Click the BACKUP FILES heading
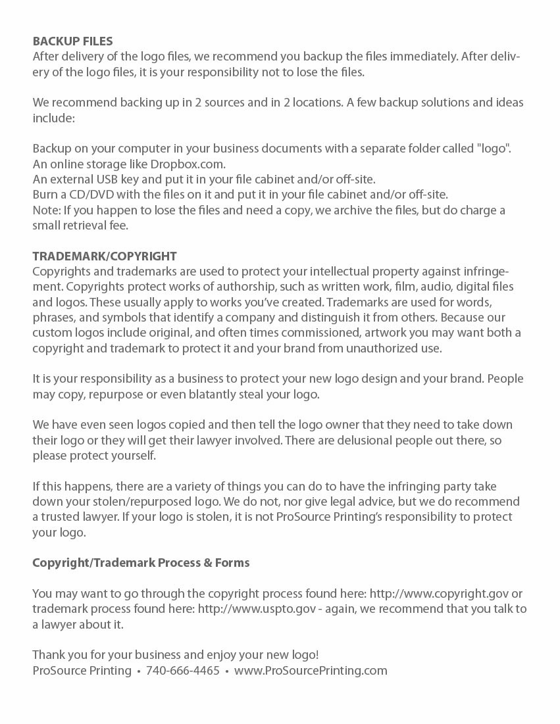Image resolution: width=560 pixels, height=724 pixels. pos(72,41)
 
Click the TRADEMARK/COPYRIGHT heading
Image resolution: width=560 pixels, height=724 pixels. pos(105,256)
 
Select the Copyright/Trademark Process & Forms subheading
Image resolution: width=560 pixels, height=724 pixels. pos(141,563)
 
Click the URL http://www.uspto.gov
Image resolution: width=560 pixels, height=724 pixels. pos(245,610)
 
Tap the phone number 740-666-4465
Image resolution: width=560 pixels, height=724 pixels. pos(183,671)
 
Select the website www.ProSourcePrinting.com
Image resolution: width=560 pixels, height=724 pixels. pos(311,671)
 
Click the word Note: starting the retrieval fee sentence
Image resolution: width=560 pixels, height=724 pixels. pos(45,210)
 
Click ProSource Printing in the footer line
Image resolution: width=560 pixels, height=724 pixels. pos(82,671)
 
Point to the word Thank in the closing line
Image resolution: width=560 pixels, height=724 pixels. pos(48,655)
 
